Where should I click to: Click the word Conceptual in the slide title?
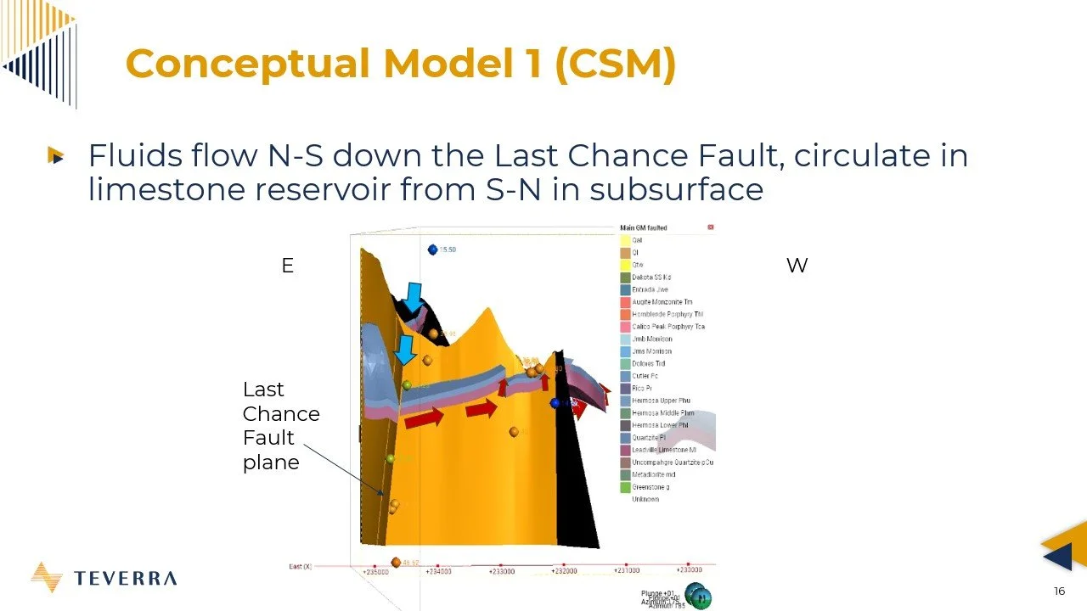(x=247, y=64)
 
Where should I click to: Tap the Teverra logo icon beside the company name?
(x=46, y=577)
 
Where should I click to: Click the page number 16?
(x=1059, y=591)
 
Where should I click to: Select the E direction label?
(x=287, y=266)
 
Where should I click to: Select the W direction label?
(x=797, y=266)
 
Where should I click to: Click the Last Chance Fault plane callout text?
(x=280, y=425)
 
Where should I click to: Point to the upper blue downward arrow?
(x=413, y=297)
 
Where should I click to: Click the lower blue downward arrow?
(x=406, y=349)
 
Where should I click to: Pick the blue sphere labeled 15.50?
(x=433, y=249)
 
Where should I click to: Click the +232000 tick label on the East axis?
(x=563, y=571)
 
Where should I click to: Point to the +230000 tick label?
(x=688, y=570)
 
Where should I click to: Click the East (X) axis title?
(x=301, y=566)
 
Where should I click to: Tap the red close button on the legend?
(x=711, y=227)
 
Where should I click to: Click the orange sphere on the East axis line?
(x=396, y=563)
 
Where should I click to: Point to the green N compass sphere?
(x=701, y=598)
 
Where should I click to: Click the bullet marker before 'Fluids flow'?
(x=56, y=156)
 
